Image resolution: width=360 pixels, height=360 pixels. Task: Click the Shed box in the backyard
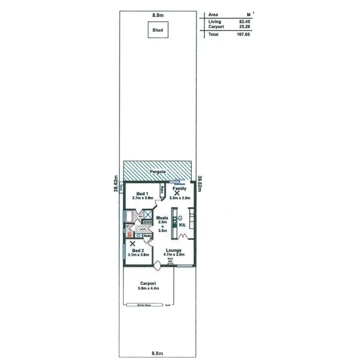pos(158,30)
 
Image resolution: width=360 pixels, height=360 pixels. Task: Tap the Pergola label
pos(158,172)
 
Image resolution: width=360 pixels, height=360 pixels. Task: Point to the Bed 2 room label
pos(138,250)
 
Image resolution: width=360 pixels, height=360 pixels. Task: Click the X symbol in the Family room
pos(177,193)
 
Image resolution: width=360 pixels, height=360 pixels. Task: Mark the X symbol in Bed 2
pos(132,244)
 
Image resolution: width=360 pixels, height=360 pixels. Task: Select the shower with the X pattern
pos(148,214)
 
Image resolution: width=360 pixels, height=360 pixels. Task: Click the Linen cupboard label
pos(147,222)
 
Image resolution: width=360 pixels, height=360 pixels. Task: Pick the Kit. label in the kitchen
pos(182,225)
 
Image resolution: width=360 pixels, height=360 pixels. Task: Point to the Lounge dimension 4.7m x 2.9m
pos(174,254)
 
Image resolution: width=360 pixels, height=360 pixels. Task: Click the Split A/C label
pos(170,260)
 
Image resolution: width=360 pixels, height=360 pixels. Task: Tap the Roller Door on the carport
pos(144,305)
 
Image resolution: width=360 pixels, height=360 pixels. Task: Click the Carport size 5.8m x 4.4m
pos(148,288)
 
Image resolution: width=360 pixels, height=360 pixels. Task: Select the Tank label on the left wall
pos(121,188)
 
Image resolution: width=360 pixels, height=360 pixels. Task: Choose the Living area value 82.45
pos(244,22)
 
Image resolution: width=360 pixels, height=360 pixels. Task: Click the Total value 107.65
pos(243,34)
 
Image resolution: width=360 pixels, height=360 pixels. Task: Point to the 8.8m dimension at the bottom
pos(157,353)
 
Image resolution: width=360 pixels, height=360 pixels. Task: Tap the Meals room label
pos(162,218)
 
